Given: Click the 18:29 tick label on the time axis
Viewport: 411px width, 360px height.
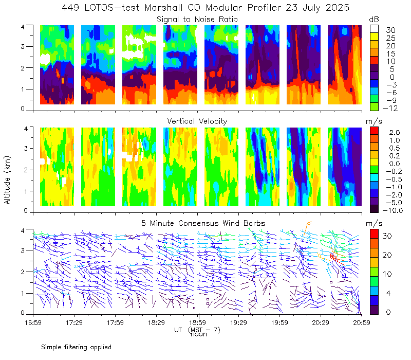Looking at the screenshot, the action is pyautogui.click(x=156, y=322).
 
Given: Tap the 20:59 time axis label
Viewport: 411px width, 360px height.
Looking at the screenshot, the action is pyautogui.click(x=362, y=322).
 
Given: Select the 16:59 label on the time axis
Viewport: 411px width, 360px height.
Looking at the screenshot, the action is pyautogui.click(x=33, y=322).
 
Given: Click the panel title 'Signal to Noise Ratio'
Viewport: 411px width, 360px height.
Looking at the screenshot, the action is pyautogui.click(x=197, y=20).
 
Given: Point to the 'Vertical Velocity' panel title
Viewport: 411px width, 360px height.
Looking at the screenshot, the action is pyautogui.click(x=197, y=121).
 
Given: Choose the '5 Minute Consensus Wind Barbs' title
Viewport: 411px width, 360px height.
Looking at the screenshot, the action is pyautogui.click(x=203, y=223).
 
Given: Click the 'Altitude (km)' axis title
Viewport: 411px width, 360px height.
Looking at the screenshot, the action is pyautogui.click(x=7, y=180).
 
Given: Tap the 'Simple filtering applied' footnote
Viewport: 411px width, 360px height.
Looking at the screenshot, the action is pyautogui.click(x=76, y=347).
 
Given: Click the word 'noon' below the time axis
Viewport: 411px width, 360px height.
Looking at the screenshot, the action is pyautogui.click(x=199, y=334).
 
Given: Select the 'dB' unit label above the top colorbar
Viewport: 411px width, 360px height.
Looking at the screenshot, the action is pyautogui.click(x=374, y=20).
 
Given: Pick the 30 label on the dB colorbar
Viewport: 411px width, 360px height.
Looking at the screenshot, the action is pyautogui.click(x=390, y=30).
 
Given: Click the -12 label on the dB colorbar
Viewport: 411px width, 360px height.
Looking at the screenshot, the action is pyautogui.click(x=390, y=108).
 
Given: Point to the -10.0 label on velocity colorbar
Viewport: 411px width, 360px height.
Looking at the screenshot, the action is pyautogui.click(x=393, y=210).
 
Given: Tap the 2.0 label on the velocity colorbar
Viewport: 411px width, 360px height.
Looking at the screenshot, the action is pyautogui.click(x=395, y=133).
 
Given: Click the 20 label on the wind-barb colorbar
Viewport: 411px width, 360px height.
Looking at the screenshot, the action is pyautogui.click(x=387, y=255).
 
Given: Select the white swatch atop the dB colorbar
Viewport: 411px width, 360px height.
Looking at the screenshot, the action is pyautogui.click(x=374, y=29).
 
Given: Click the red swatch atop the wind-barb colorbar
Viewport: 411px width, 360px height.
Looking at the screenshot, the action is pyautogui.click(x=374, y=234).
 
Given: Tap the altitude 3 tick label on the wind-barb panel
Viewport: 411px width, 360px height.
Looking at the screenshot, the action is pyautogui.click(x=23, y=250).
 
